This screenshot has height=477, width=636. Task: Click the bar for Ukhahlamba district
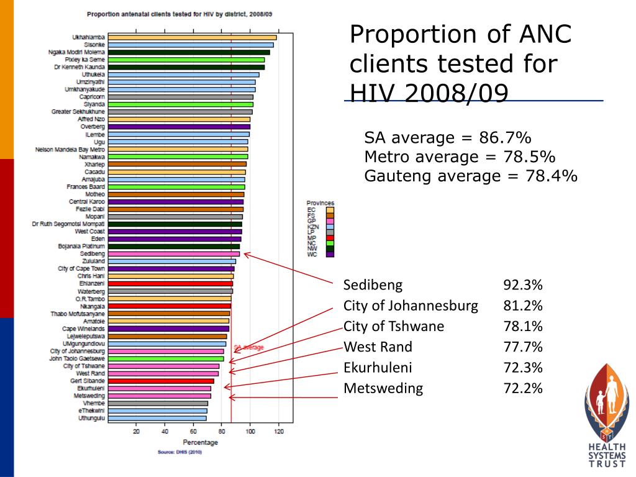tap(193, 38)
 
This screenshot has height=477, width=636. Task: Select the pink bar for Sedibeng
tap(174, 254)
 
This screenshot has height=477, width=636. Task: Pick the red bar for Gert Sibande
tap(161, 381)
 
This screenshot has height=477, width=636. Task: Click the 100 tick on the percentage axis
tap(250, 432)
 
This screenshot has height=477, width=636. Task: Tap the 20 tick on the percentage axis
tap(136, 432)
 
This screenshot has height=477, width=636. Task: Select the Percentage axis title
tap(200, 443)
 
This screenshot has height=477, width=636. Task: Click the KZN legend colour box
tap(330, 228)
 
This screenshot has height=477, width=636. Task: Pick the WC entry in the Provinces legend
tap(312, 253)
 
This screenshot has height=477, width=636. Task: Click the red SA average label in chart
tap(248, 347)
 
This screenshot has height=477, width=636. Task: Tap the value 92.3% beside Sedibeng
tap(523, 285)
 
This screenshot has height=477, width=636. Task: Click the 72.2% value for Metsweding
tap(523, 389)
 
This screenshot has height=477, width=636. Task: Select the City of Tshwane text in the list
tap(394, 327)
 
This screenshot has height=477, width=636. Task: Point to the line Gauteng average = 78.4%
tap(471, 176)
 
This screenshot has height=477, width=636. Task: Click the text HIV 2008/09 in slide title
tap(429, 93)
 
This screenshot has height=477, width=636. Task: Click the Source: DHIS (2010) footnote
tap(180, 452)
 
